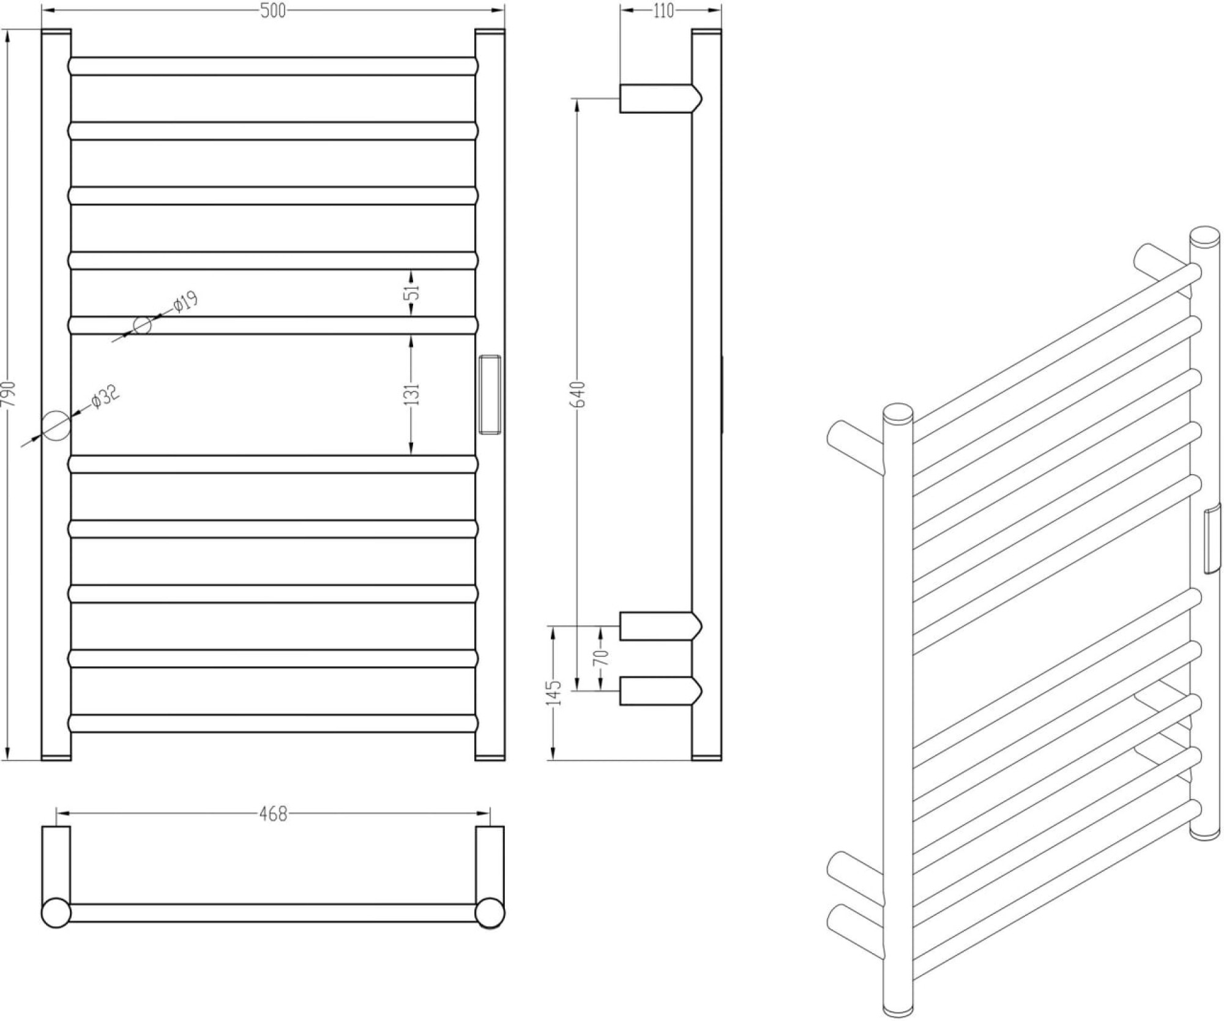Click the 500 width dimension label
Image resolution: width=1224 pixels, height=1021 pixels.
273,11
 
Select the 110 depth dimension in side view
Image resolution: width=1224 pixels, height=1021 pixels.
663,11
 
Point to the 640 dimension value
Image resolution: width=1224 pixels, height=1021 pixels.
580,394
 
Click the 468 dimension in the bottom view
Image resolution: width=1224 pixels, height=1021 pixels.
273,814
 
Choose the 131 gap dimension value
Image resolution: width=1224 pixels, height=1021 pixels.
414,395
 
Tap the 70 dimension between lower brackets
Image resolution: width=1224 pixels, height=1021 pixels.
602,658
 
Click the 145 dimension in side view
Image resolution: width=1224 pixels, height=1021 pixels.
555,692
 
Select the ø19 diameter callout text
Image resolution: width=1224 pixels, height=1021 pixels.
185,302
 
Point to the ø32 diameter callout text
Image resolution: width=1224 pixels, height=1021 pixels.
105,396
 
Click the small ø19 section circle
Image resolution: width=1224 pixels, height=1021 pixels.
142,325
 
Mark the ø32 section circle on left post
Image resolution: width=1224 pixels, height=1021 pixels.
56,426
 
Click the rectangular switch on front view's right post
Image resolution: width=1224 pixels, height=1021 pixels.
490,394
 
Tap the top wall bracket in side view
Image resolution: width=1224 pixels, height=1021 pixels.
660,98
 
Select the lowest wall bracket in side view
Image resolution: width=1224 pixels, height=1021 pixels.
660,691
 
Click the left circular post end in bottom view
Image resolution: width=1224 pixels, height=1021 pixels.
56,913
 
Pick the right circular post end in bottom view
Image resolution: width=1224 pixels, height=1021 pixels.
490,913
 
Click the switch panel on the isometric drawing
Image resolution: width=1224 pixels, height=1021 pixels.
1212,539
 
